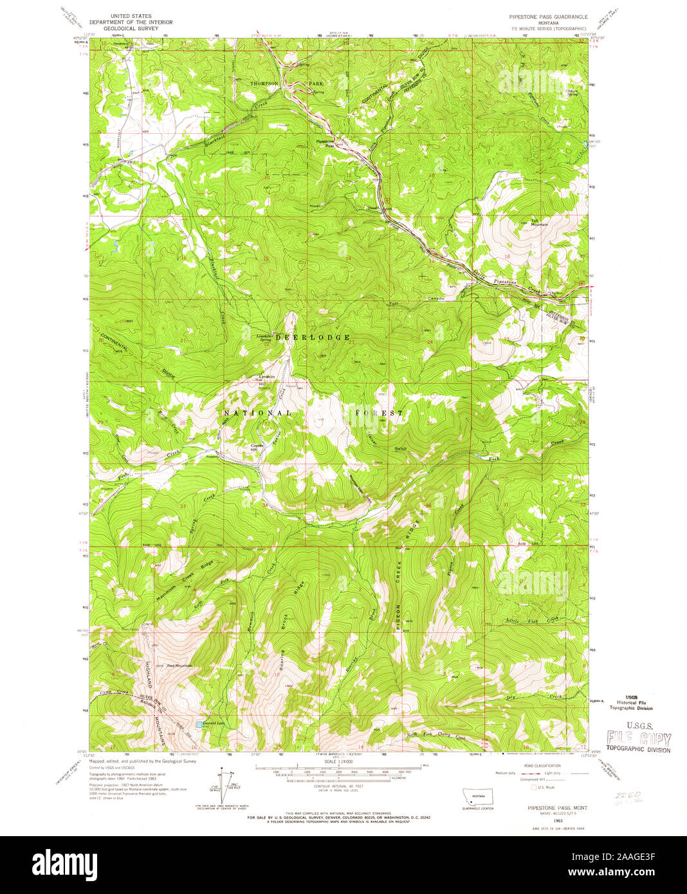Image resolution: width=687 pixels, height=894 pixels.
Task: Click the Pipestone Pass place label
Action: click(x=325, y=143)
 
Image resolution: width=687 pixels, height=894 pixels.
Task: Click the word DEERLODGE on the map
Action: click(x=313, y=337)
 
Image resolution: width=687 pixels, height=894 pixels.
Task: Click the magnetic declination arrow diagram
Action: click(x=225, y=778)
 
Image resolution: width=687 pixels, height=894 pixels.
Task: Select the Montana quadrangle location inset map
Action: click(x=477, y=796)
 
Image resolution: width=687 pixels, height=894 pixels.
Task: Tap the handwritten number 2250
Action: click(x=621, y=795)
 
